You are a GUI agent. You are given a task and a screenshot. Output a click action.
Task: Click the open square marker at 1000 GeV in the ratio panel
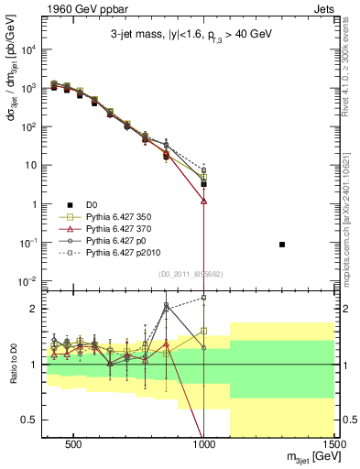coord(204,331)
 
